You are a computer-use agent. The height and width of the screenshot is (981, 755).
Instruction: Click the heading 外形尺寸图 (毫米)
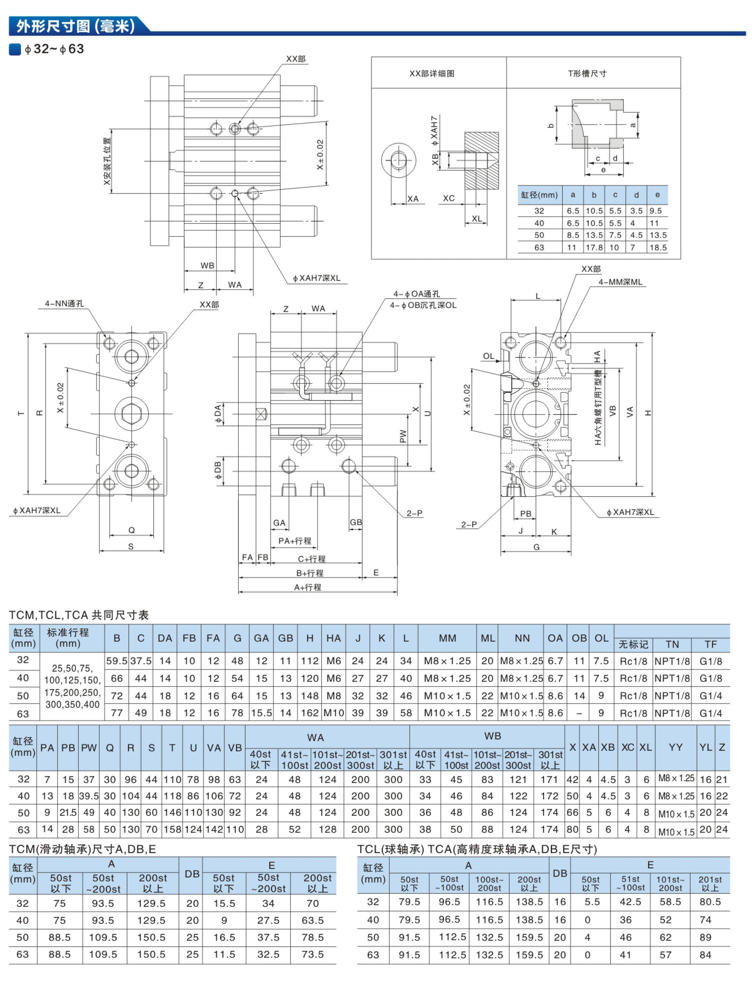[75, 26]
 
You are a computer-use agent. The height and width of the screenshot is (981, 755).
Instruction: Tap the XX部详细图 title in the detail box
[432, 73]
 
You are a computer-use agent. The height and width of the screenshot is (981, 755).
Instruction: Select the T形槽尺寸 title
[587, 73]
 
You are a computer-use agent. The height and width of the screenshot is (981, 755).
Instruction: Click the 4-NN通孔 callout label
[64, 304]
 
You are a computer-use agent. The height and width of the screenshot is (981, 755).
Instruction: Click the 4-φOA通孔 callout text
[417, 294]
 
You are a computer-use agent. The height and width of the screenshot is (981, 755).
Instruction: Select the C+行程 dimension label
[312, 559]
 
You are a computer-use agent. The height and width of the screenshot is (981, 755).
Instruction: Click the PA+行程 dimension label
[295, 541]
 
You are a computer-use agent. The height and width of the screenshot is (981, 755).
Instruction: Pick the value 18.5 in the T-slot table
[658, 248]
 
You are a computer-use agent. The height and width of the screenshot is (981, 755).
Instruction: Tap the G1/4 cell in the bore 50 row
[711, 696]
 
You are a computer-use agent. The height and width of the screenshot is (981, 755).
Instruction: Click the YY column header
[676, 747]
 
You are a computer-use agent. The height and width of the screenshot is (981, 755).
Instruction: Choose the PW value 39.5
[89, 796]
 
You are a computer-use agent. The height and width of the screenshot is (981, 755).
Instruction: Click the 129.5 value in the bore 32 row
[151, 903]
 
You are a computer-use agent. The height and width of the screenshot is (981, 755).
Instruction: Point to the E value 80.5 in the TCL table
[710, 902]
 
